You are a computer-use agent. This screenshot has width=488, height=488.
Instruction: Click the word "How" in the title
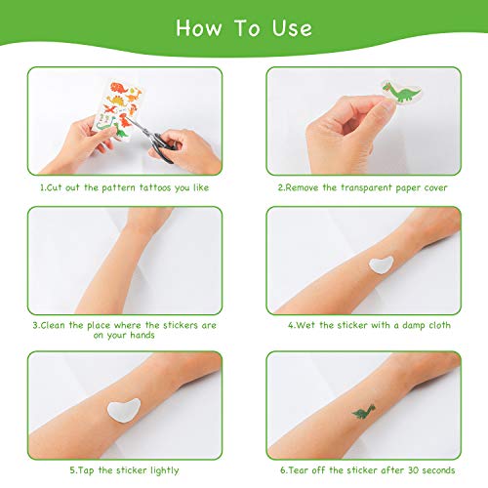[198, 28]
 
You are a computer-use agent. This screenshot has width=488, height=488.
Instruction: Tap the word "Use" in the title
[292, 28]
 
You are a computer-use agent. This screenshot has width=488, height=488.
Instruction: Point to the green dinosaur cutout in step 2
[401, 91]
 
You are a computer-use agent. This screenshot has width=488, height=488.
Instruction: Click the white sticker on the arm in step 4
[382, 265]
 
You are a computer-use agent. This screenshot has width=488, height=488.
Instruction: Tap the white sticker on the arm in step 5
[124, 410]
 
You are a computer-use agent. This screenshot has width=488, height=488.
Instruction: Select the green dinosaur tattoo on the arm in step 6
[363, 411]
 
